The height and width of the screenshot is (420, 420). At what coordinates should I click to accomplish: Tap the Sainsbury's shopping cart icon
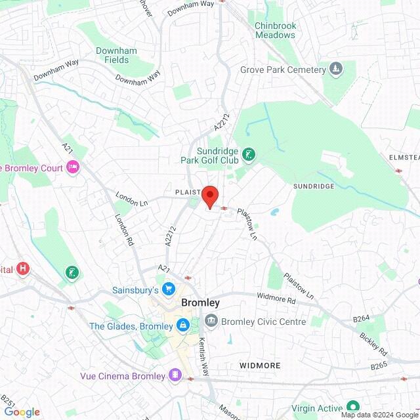click(x=169, y=289)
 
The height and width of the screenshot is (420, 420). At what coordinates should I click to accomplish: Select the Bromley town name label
click(x=200, y=303)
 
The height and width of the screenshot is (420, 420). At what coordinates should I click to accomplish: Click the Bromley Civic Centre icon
click(x=211, y=322)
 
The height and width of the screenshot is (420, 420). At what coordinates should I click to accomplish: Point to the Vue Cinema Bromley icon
click(x=175, y=375)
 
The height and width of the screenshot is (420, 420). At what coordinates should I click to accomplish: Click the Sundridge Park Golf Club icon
click(x=249, y=155)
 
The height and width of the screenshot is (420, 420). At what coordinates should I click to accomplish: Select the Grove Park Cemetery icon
click(x=336, y=69)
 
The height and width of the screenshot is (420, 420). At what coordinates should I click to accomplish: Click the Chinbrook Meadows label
click(x=276, y=30)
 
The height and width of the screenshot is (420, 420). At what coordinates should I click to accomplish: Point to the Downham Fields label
click(x=116, y=55)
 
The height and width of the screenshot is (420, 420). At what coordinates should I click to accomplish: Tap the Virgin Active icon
click(x=353, y=406)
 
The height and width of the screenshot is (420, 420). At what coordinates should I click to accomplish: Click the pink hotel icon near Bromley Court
click(x=73, y=168)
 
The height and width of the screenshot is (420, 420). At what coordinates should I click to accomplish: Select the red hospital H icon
click(x=24, y=268)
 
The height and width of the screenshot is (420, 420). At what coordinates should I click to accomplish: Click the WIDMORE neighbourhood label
click(x=260, y=366)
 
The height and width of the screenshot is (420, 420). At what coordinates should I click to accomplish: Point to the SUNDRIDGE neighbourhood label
click(x=314, y=186)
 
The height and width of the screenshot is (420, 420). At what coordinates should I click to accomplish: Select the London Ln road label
click(x=132, y=199)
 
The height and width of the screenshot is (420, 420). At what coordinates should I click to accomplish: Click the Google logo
click(x=22, y=412)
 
